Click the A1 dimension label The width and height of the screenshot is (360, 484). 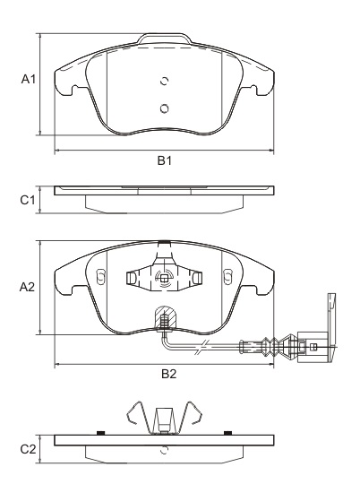[28, 79]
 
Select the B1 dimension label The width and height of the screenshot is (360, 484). [165, 161]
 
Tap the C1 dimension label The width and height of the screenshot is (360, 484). [28, 200]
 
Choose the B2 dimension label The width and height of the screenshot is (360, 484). [168, 375]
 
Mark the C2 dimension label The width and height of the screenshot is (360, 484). [28, 447]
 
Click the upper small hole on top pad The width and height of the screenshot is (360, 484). [163, 81]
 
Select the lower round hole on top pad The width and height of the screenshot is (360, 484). [164, 108]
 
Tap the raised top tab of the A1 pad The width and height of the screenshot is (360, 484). [164, 40]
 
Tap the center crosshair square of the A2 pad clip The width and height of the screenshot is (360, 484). [164, 278]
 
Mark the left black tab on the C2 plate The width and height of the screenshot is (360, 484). [101, 432]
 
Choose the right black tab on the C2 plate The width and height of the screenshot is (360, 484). [227, 432]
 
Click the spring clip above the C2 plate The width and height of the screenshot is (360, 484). [164, 417]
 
